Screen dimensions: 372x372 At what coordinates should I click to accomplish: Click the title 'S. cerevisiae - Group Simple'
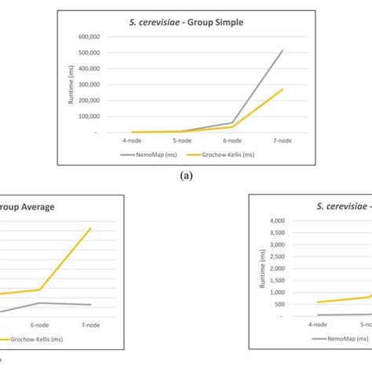(186, 22)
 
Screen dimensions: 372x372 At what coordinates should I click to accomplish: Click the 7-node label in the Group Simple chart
(283, 140)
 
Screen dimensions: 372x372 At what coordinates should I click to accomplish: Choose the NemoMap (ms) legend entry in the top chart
(154, 155)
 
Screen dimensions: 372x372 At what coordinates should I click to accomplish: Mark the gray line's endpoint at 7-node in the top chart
(283, 50)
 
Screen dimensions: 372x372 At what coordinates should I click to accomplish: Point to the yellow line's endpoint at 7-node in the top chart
(283, 89)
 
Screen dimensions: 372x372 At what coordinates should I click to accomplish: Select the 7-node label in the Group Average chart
(90, 325)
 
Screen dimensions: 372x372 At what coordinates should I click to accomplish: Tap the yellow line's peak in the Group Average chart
(90, 228)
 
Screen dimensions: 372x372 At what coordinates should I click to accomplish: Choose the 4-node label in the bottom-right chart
(318, 323)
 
